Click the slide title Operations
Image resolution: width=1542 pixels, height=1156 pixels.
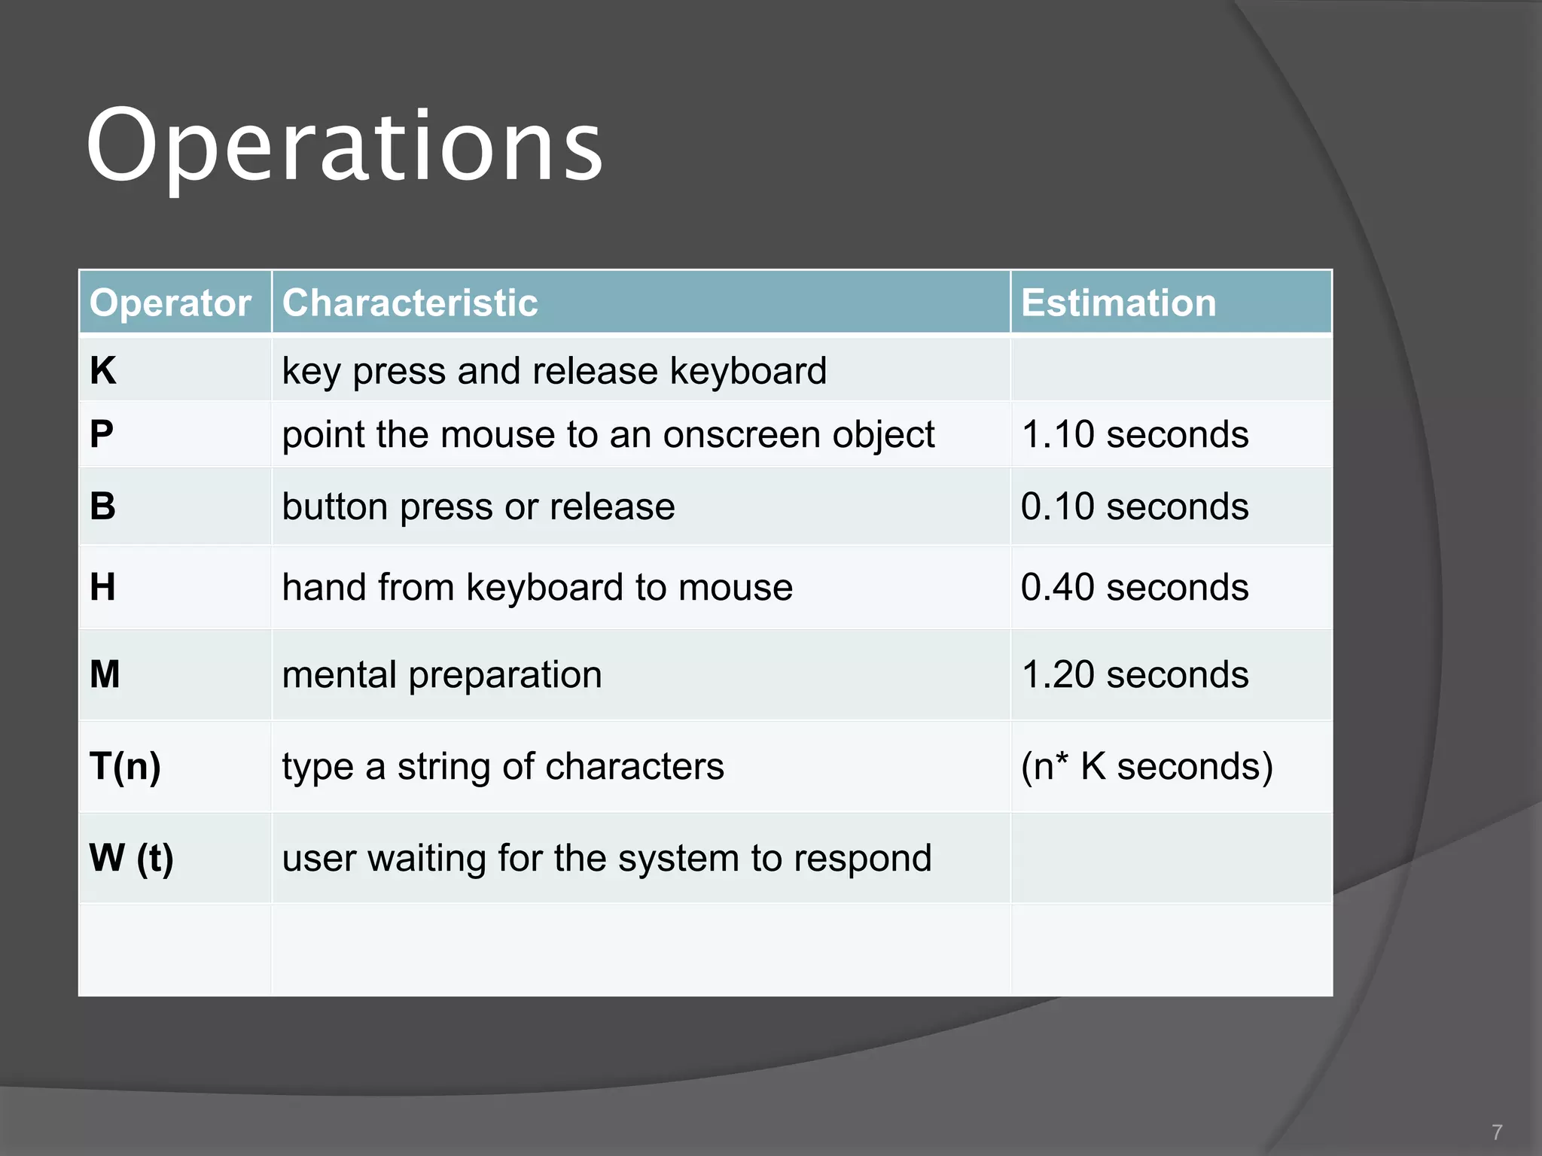[x=344, y=147]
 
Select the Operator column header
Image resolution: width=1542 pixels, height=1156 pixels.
[x=170, y=303]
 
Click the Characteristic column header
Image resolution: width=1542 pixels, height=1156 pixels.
[x=410, y=303]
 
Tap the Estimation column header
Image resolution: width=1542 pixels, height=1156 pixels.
[x=1118, y=303]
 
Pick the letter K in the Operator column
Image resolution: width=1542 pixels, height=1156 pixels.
[x=103, y=371]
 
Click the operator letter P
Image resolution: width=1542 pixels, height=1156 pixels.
[x=102, y=434]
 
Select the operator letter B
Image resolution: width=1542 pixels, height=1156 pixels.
[x=103, y=506]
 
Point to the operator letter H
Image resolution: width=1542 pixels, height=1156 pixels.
[x=103, y=587]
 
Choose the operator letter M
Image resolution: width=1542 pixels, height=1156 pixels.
[x=105, y=674]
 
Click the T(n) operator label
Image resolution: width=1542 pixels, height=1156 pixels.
[x=125, y=766]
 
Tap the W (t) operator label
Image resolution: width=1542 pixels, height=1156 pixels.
[x=131, y=858]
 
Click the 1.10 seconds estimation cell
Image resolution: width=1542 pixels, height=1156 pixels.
[x=1135, y=435]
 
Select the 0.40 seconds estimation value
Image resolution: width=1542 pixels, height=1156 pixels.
[x=1135, y=587]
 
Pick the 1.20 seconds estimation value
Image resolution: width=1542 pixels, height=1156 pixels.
[x=1135, y=674]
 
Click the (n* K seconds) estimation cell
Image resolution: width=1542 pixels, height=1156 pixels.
[x=1147, y=766]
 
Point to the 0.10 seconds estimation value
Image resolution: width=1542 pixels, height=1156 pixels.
[x=1135, y=507]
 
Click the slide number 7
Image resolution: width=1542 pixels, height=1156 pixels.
[x=1497, y=1132]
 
